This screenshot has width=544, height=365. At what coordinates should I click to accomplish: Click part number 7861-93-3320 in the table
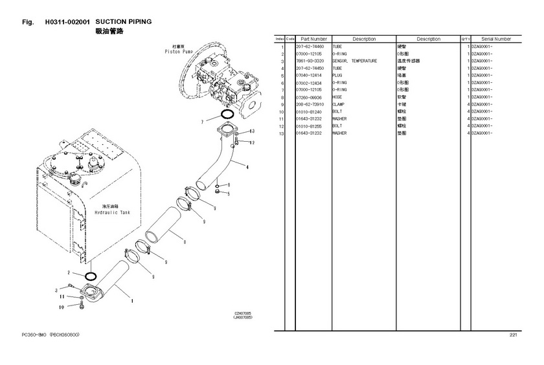(310, 61)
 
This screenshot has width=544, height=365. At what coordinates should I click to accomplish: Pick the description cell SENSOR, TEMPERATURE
(354, 61)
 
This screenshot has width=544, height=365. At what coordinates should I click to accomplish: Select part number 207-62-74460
(310, 47)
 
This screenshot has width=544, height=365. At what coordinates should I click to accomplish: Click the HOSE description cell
(337, 97)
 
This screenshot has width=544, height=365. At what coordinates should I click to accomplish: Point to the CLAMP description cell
(339, 104)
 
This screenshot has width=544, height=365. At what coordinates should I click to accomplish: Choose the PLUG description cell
(337, 76)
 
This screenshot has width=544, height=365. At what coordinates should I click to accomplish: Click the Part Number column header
(313, 39)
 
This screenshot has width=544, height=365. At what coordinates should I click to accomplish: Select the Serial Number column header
(496, 39)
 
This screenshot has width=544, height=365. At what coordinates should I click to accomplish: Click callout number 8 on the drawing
(185, 243)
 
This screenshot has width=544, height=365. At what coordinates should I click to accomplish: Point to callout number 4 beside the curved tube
(247, 167)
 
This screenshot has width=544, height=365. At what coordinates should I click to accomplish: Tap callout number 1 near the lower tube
(133, 300)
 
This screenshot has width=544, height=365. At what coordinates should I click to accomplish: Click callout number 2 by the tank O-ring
(69, 273)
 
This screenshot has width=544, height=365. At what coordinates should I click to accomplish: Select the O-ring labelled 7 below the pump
(227, 116)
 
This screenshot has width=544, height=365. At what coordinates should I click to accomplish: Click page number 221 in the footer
(513, 335)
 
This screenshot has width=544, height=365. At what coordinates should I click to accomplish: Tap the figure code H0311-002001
(67, 21)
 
